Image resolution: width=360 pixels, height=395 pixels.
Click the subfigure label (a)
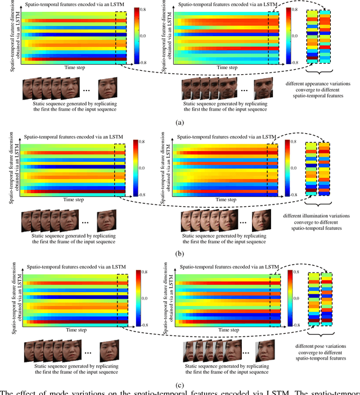click(179, 122)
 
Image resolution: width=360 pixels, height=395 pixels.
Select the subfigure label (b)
click(179, 254)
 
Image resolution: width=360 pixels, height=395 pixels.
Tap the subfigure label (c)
click(179, 384)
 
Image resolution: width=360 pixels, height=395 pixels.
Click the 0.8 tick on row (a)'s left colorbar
click(152, 9)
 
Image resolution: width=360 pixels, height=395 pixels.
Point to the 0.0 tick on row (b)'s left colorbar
click(152, 168)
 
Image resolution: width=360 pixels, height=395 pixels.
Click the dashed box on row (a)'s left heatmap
click(124, 35)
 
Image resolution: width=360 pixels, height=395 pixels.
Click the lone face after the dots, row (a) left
click(108, 88)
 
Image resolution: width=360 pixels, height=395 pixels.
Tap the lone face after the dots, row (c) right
click(265, 352)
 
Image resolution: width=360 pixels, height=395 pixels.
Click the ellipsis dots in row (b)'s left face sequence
click(85, 222)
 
